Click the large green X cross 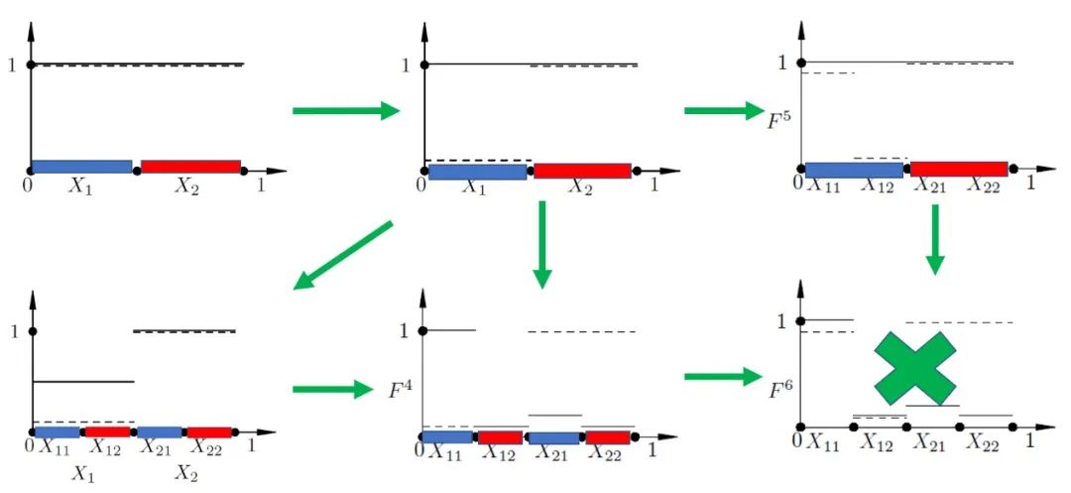[x=914, y=365]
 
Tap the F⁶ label [x=781, y=378]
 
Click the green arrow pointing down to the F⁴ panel [x=541, y=243]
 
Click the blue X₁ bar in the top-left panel [x=82, y=166]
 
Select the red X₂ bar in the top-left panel [x=190, y=166]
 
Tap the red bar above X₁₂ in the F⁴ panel [x=500, y=437]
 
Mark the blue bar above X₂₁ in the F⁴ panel [x=552, y=437]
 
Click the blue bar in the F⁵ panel [x=855, y=170]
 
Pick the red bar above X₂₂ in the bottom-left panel [x=208, y=431]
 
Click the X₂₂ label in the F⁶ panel [x=985, y=442]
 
